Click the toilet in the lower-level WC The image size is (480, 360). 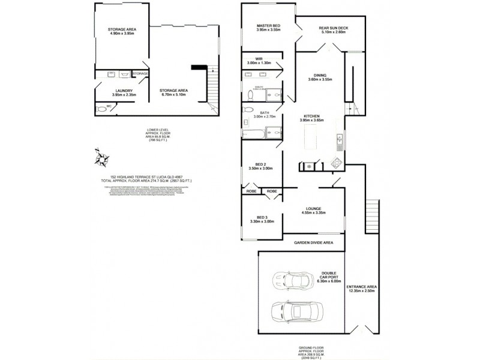click(x=100, y=109)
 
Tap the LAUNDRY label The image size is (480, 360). click(x=124, y=91)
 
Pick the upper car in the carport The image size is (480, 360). click(x=291, y=280)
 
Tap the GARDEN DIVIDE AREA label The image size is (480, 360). click(x=313, y=243)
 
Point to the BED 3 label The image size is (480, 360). click(x=261, y=217)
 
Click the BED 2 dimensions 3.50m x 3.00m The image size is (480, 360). click(x=260, y=169)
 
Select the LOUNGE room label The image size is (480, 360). click(x=315, y=208)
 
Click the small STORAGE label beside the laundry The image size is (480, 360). click(x=140, y=74)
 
